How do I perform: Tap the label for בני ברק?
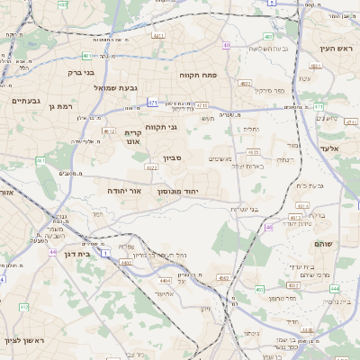point(81,72)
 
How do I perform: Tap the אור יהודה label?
point(118,191)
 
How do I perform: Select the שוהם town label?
point(324,244)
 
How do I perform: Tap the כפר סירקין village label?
point(267,91)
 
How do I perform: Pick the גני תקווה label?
point(160,127)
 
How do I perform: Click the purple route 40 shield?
point(227,45)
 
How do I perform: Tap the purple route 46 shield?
point(269,227)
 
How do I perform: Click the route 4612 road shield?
point(109,131)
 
